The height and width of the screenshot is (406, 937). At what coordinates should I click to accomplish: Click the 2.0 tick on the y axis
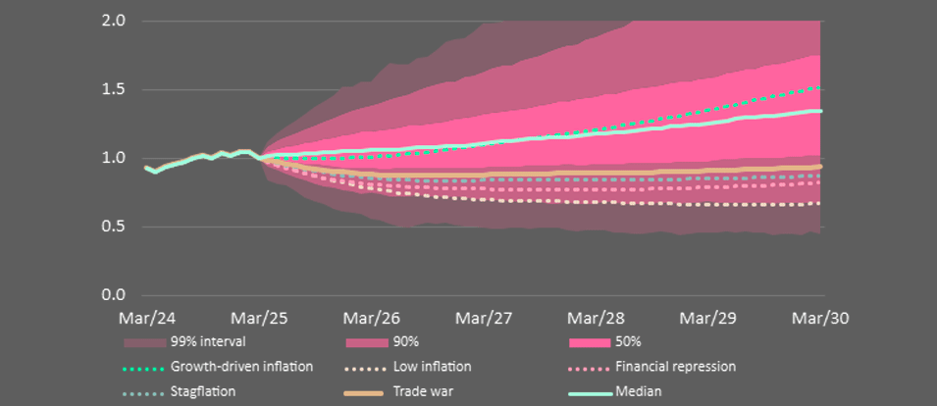(113, 21)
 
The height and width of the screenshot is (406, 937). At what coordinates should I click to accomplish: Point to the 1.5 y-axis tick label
(113, 89)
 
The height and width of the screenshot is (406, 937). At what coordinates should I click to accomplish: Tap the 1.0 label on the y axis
(113, 158)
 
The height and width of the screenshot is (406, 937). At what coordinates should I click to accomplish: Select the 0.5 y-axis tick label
(113, 227)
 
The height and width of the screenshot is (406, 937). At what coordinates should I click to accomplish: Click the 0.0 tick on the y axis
(113, 295)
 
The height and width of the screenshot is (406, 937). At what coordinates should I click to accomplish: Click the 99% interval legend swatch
(143, 342)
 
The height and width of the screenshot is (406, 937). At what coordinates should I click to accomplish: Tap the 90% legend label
(406, 342)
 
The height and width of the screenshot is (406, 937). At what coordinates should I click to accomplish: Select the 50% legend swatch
(589, 342)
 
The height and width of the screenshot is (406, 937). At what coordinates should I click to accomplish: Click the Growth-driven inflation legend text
(241, 367)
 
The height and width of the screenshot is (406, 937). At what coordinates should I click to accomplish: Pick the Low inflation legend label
(432, 367)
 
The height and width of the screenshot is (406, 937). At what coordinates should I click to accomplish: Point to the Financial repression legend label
(676, 367)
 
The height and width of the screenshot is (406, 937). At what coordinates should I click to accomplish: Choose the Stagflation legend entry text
(203, 391)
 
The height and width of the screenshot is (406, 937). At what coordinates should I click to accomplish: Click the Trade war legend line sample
(366, 392)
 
